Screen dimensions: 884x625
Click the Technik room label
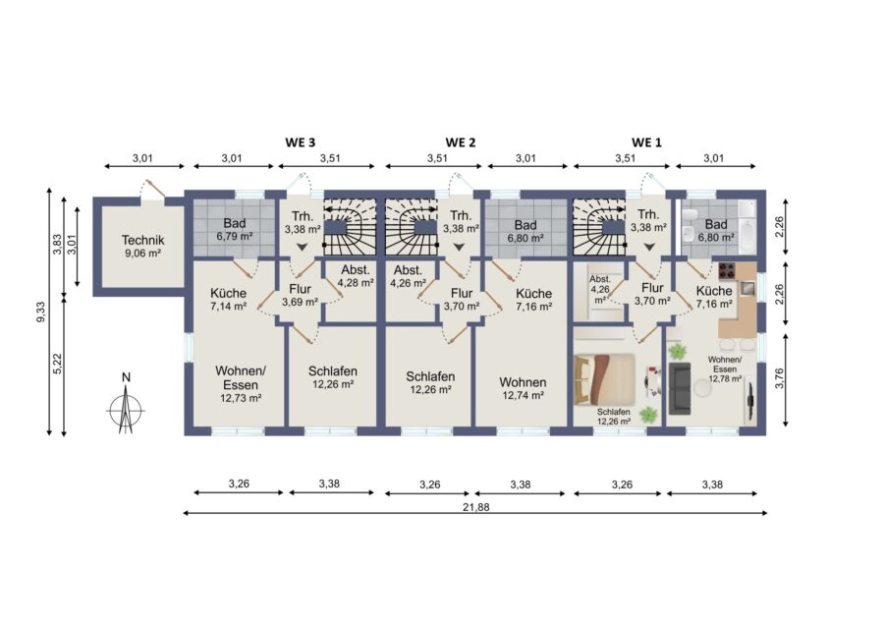coord(142,247)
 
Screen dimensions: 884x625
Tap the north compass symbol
coord(126,405)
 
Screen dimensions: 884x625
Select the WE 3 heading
coord(300,142)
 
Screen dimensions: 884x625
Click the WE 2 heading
coord(460,142)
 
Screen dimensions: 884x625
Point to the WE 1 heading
coord(646,142)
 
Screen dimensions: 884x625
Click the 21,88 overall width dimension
coord(475,507)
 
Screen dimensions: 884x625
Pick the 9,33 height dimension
coord(40,312)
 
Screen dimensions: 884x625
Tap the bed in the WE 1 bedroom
coord(604,379)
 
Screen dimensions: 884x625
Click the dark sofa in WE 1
coord(680,388)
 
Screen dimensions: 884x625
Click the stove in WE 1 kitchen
coord(727,272)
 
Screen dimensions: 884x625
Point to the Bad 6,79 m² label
coord(234,230)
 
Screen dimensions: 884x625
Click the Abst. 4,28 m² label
coord(356,276)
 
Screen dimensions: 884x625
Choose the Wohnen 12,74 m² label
coord(523,388)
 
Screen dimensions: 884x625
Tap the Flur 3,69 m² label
coord(300,296)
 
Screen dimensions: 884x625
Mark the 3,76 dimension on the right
coord(780,378)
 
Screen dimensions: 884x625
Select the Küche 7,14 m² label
coord(228,300)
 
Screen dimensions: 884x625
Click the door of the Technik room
coord(153,189)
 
